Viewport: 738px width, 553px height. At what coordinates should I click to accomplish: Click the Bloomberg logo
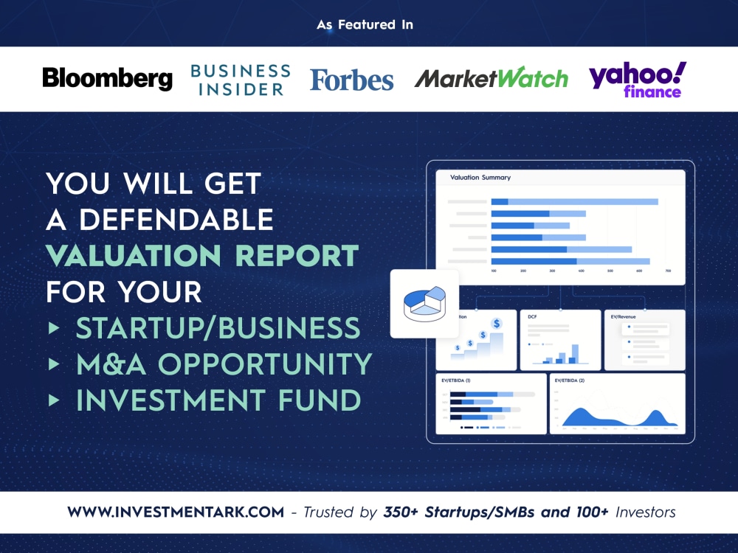click(107, 79)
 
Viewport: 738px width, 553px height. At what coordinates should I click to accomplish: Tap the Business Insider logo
click(240, 80)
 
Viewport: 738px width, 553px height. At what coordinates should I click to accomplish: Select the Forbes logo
click(351, 80)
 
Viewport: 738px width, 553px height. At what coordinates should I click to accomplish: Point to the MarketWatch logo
click(491, 79)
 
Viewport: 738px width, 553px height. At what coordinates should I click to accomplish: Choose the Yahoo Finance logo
click(637, 80)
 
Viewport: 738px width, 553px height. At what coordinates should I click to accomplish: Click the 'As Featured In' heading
click(365, 24)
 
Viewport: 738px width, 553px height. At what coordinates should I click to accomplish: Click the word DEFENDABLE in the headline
click(176, 219)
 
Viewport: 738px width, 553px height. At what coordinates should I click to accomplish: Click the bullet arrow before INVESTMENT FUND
click(53, 400)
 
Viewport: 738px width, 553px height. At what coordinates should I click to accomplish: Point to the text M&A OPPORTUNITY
click(224, 364)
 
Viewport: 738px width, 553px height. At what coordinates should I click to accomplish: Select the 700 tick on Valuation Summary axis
click(668, 271)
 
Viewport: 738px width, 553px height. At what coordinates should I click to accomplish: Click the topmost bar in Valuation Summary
click(574, 201)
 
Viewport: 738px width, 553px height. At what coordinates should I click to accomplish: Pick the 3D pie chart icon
click(424, 303)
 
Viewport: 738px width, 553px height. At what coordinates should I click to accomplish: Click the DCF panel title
click(532, 316)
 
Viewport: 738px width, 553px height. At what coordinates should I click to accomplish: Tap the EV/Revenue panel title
click(624, 316)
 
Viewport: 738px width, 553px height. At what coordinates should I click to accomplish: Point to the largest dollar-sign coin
click(497, 323)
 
